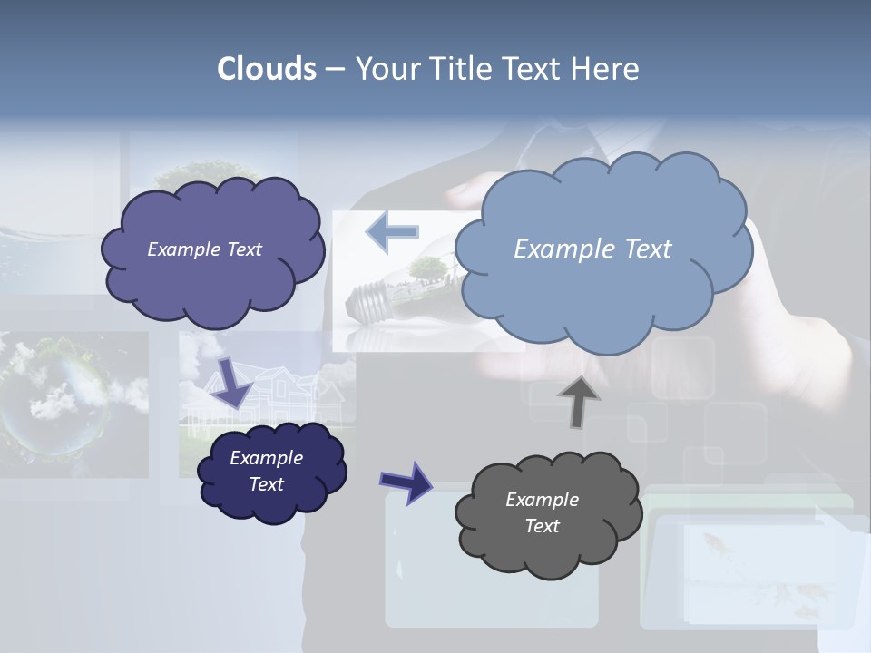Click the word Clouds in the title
click(267, 69)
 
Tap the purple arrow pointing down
click(231, 381)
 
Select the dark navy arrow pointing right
click(406, 482)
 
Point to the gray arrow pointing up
click(578, 400)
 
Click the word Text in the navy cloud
click(267, 484)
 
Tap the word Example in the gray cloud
click(542, 500)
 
